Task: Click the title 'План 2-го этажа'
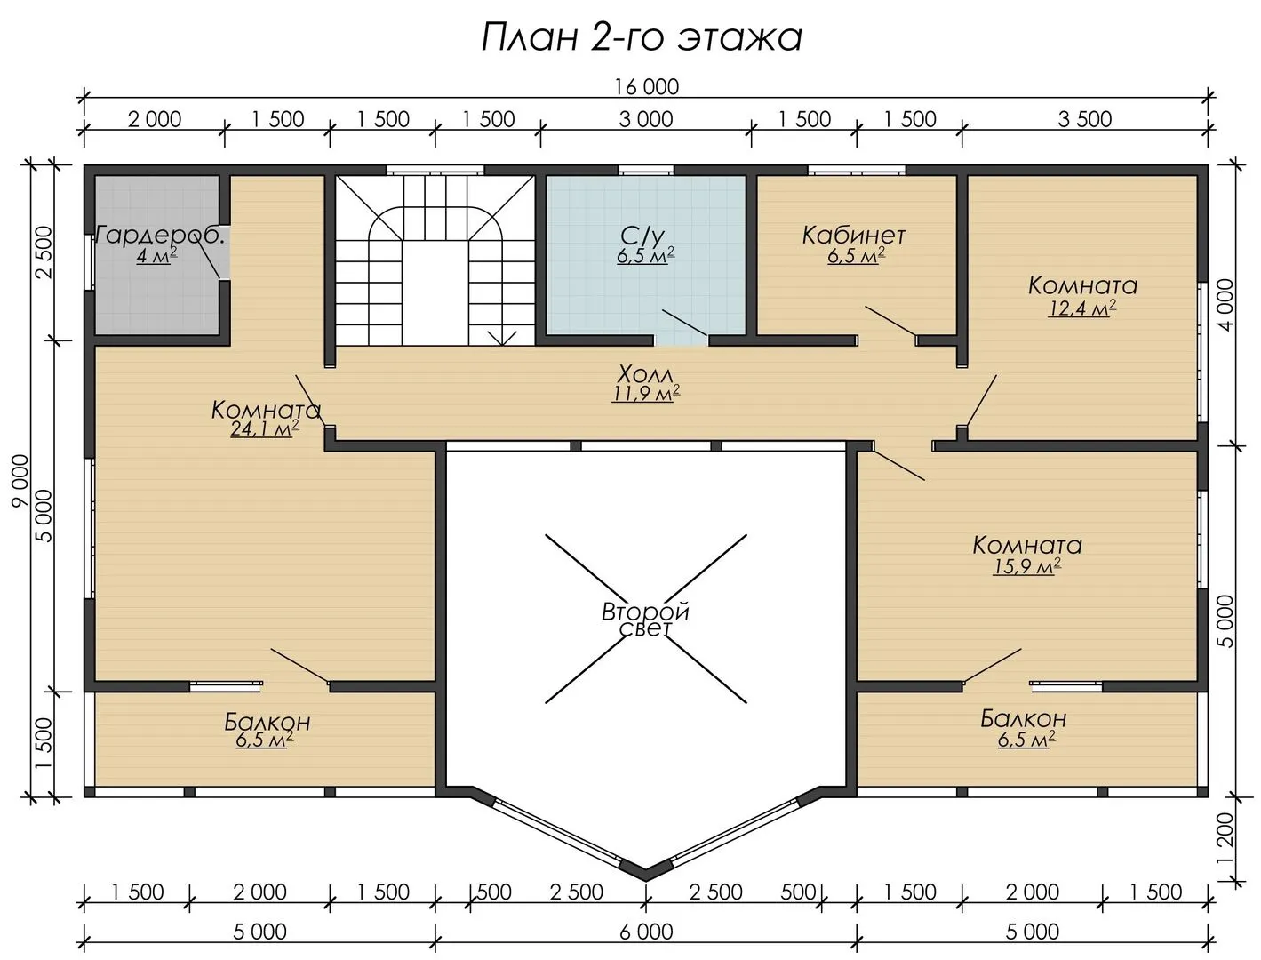[641, 38]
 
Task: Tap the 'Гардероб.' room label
[160, 236]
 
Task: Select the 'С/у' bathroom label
[642, 236]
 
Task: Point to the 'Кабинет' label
[854, 235]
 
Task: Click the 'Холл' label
[644, 374]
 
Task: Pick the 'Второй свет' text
[645, 620]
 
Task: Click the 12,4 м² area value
[1082, 308]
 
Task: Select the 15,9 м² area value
[1026, 566]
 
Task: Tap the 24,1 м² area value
[264, 428]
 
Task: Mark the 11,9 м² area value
[646, 394]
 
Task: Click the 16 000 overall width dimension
[646, 87]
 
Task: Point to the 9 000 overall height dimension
[20, 480]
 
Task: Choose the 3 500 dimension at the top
[1085, 119]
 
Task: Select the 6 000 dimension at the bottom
[646, 932]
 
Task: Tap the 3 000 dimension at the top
[646, 119]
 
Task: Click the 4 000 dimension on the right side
[1225, 305]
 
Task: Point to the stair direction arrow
[503, 338]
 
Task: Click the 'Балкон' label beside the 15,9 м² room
[1023, 719]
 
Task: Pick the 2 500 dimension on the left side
[44, 252]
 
